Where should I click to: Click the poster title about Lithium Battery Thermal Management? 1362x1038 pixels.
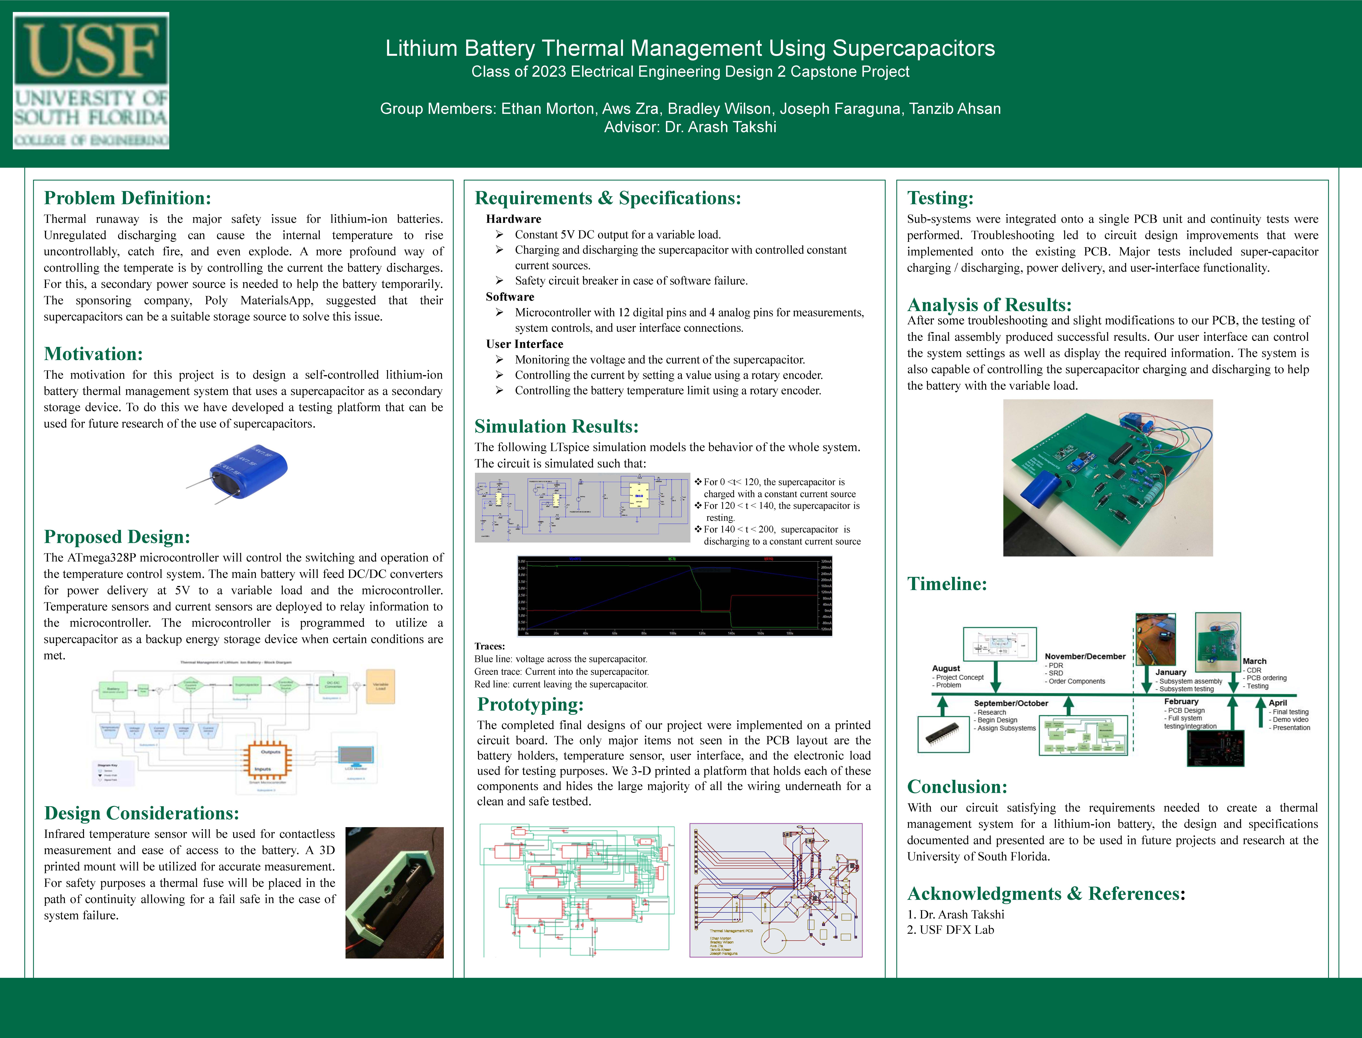(690, 48)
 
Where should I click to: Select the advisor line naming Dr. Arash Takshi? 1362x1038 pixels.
(690, 127)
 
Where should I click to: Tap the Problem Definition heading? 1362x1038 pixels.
(127, 198)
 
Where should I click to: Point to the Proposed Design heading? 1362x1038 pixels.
(117, 537)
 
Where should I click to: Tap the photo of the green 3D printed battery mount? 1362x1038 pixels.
(394, 892)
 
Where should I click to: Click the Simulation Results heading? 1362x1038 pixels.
(556, 426)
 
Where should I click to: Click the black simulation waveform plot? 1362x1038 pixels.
(675, 596)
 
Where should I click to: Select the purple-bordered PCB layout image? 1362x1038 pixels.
(776, 890)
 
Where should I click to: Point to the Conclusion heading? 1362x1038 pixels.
(957, 787)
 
